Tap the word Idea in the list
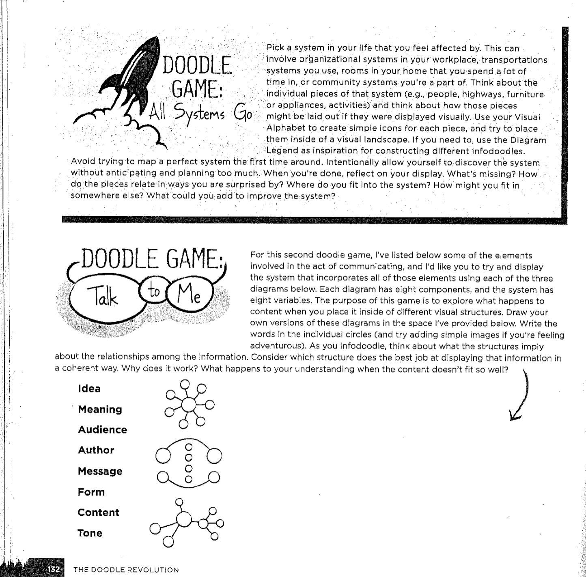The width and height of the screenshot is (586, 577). pyautogui.click(x=89, y=389)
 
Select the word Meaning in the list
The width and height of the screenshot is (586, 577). pyautogui.click(x=100, y=409)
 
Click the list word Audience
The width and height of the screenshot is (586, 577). pyautogui.click(x=102, y=430)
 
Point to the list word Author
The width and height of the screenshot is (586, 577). pyautogui.click(x=96, y=450)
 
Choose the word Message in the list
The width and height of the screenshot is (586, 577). pyautogui.click(x=100, y=472)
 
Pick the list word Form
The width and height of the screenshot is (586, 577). pyautogui.click(x=91, y=492)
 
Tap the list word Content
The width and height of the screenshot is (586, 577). pyautogui.click(x=98, y=512)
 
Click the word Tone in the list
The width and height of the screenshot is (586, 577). pyautogui.click(x=90, y=533)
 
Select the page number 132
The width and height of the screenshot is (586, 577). pyautogui.click(x=54, y=569)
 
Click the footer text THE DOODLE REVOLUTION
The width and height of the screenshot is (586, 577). pyautogui.click(x=126, y=570)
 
